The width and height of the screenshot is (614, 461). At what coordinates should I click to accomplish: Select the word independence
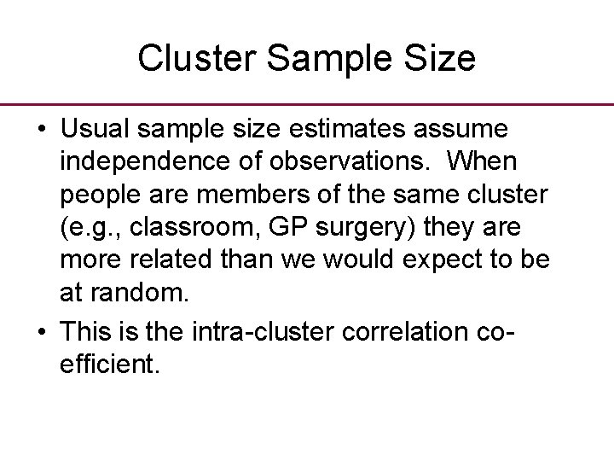[136, 160]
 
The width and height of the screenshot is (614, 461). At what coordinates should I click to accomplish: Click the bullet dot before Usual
[41, 130]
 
